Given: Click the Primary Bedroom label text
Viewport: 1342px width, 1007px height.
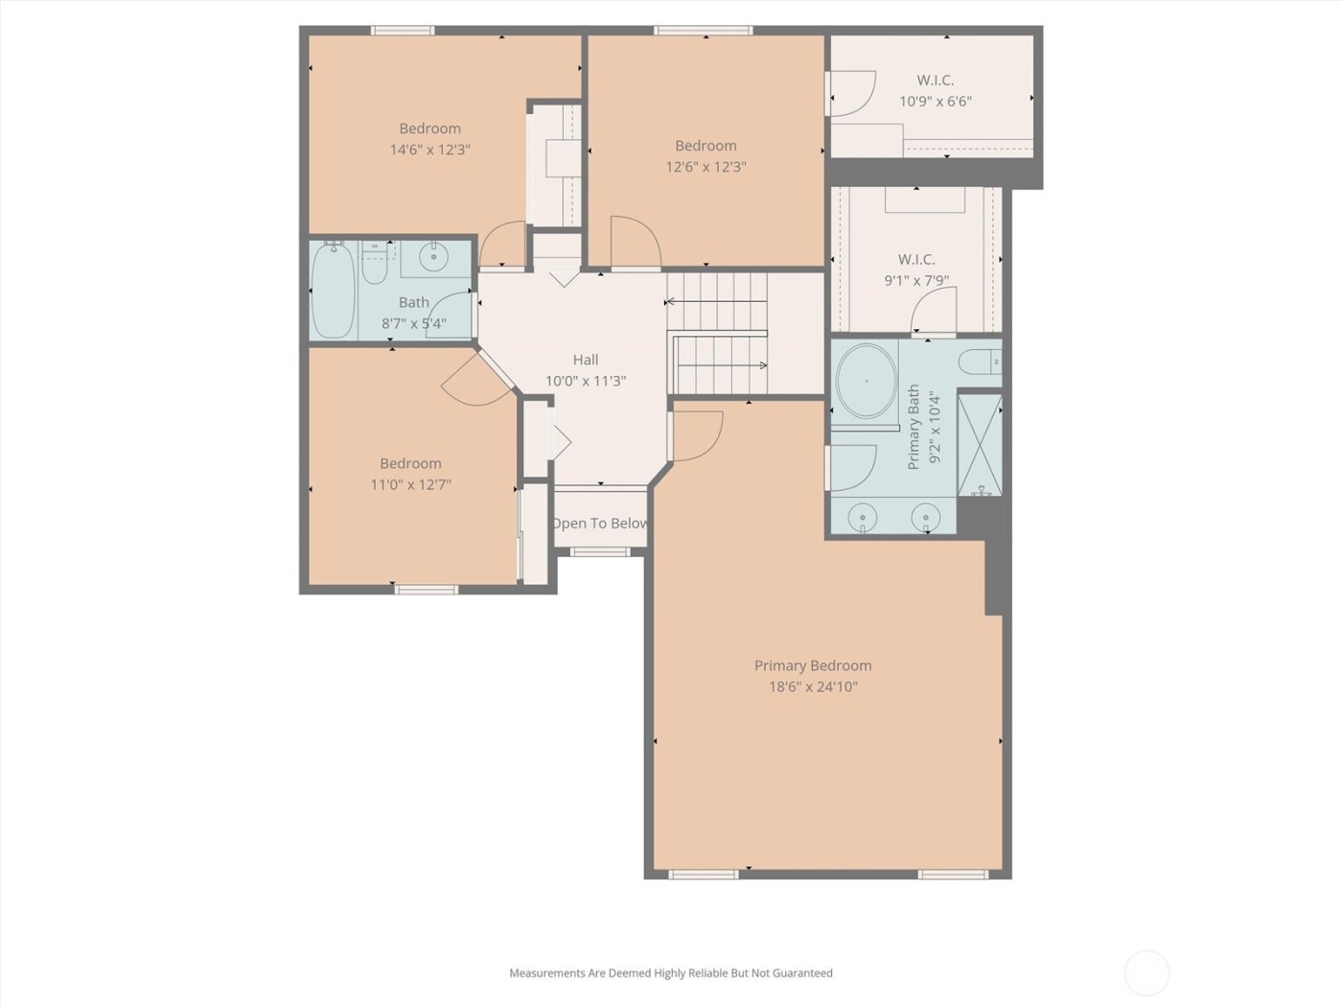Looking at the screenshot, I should pyautogui.click(x=812, y=666).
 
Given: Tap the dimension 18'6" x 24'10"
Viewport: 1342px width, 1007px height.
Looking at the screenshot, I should pyautogui.click(x=812, y=687).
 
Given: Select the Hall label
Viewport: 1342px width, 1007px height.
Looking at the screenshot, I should pyautogui.click(x=585, y=360).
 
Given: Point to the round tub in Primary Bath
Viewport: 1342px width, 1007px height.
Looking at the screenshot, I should pyautogui.click(x=866, y=381).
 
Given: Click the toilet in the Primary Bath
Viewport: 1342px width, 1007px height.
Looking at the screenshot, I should pyautogui.click(x=980, y=363).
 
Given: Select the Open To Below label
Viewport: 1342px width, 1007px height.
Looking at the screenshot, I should pyautogui.click(x=600, y=524).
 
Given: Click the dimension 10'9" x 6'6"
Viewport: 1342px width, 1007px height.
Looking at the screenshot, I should pyautogui.click(x=935, y=102).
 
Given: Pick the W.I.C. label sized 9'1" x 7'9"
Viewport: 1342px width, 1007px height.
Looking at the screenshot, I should pyautogui.click(x=916, y=259).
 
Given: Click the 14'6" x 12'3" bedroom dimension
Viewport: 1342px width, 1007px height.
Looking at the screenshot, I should pyautogui.click(x=429, y=150).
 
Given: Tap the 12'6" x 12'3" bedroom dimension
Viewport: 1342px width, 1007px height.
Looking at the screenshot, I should pyautogui.click(x=706, y=167).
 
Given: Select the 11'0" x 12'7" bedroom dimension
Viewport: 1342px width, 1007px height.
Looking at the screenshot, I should pyautogui.click(x=410, y=484).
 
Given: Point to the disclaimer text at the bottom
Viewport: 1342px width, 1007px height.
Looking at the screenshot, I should pyautogui.click(x=670, y=972).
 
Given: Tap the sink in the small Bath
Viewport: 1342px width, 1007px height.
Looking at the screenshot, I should pyautogui.click(x=434, y=257).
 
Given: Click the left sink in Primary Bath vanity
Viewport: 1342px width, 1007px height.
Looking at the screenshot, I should pyautogui.click(x=863, y=519).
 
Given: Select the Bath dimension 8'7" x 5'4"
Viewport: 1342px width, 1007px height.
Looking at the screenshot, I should pyautogui.click(x=413, y=323).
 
